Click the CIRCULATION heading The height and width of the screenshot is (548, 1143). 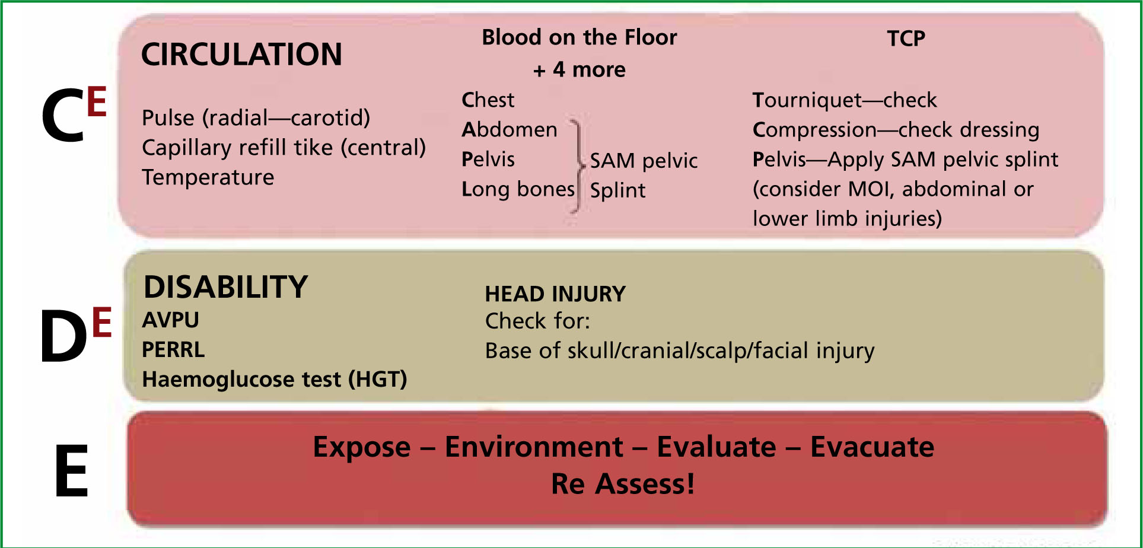pos(241,55)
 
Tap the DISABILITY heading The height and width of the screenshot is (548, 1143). pos(226,287)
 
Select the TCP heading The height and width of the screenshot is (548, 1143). pos(906,39)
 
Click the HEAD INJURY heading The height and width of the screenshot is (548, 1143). pos(555,294)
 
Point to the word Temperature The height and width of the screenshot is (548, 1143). pos(208,177)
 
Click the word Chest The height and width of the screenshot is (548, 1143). pos(488,100)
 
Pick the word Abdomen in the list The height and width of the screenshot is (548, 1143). pos(510,129)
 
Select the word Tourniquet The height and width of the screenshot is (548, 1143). pos(807,100)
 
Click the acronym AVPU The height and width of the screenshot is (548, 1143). pos(171,320)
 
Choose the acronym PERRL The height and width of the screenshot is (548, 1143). pos(173,350)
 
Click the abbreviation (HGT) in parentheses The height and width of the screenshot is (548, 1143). pos(377,380)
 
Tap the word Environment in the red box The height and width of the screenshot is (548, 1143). pos(534,447)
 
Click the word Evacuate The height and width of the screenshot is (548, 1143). pos(872,447)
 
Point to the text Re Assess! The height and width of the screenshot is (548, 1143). pos(623,484)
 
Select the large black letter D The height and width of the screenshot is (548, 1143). pos(63,336)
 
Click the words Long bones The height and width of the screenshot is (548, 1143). pos(518,189)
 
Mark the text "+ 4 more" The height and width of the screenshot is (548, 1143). pos(580,70)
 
